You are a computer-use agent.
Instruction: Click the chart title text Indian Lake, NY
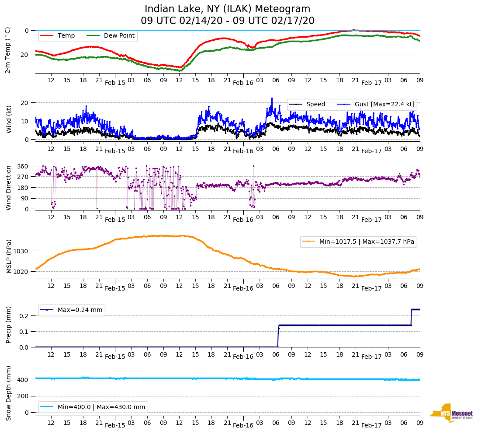point(227,9)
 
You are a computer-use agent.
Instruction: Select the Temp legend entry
point(66,36)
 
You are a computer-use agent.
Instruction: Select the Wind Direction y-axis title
point(8,187)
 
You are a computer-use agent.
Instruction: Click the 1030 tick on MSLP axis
point(23,251)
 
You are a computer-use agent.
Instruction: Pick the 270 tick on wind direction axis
point(24,177)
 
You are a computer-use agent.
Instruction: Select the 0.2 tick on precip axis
point(24,316)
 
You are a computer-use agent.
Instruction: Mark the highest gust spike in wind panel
point(272,98)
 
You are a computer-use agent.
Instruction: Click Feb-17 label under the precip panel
point(371,357)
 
